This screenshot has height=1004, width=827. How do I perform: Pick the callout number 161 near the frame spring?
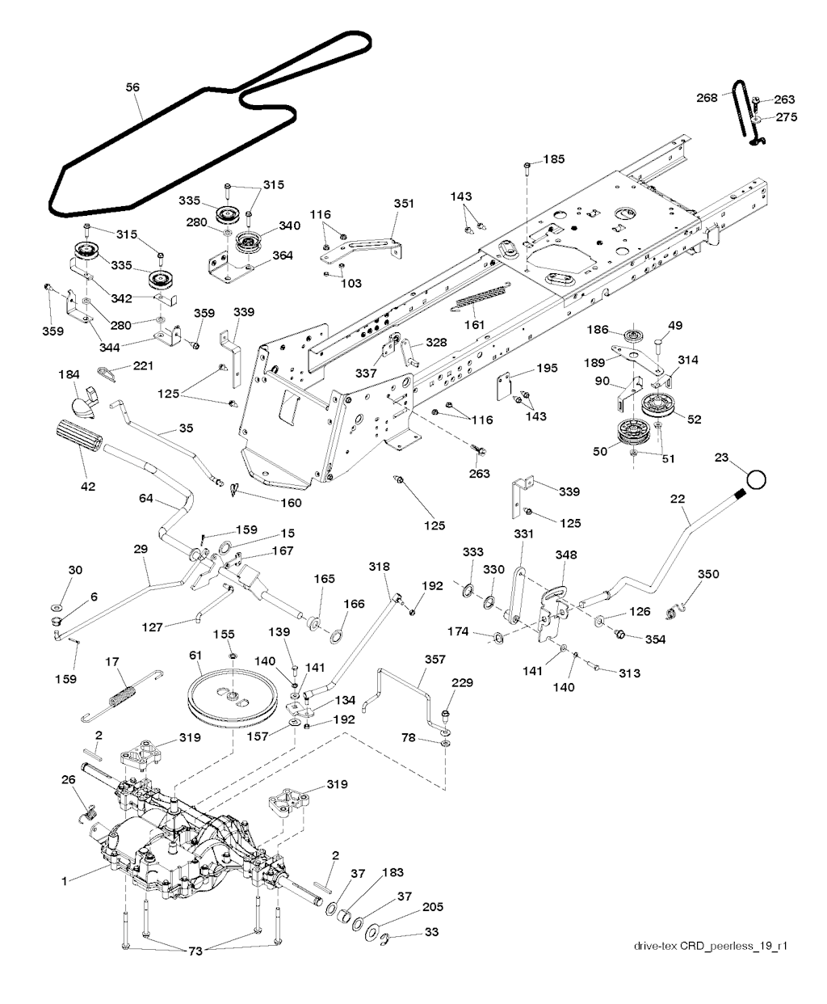pyautogui.click(x=475, y=324)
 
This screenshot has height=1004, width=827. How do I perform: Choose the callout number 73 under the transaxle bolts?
pyautogui.click(x=195, y=951)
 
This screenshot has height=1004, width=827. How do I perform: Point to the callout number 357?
pyautogui.click(x=434, y=660)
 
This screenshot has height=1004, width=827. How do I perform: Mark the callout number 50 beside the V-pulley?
pyautogui.click(x=601, y=452)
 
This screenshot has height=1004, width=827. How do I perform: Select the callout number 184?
pyautogui.click(x=69, y=374)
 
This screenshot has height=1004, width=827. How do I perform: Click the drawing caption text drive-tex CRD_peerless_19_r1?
pyautogui.click(x=710, y=947)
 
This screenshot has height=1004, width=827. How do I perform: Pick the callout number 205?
pyautogui.click(x=433, y=907)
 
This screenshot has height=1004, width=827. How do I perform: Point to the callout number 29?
pyautogui.click(x=141, y=549)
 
